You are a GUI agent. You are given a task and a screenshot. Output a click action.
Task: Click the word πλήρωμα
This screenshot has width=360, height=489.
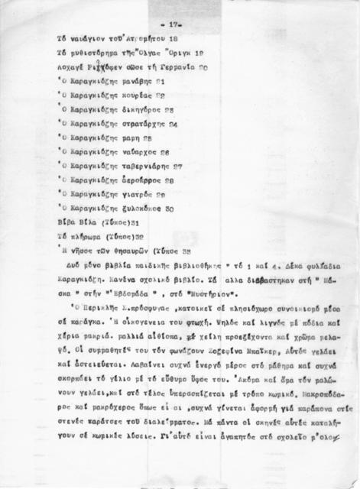[x=87, y=236]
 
